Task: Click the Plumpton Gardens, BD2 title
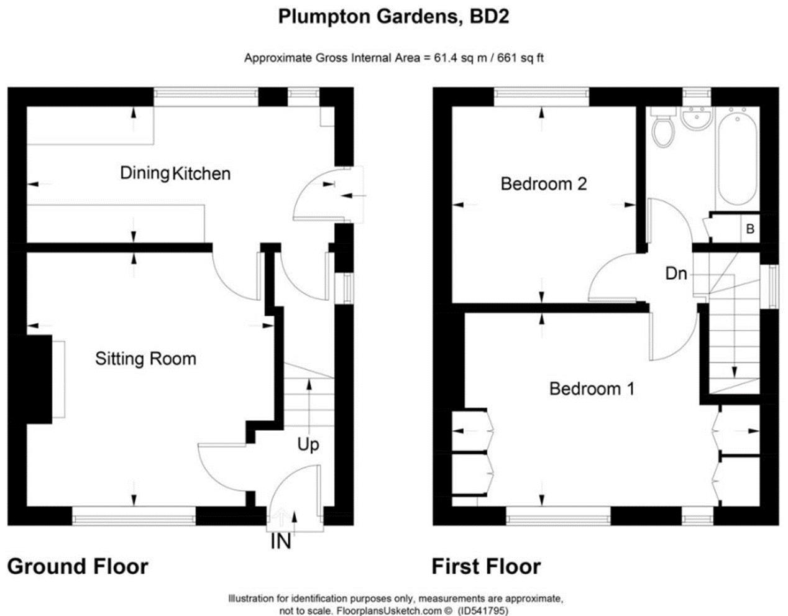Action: (x=393, y=17)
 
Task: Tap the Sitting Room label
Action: (x=145, y=359)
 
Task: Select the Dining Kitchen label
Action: (x=175, y=173)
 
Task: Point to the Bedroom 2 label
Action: (x=543, y=184)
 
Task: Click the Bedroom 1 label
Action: (x=592, y=389)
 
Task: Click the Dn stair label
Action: (x=676, y=273)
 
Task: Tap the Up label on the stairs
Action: (x=308, y=445)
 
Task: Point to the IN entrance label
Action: (x=280, y=542)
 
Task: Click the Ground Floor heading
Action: (x=78, y=566)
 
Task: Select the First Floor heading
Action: (x=486, y=566)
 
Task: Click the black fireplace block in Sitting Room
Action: (x=39, y=379)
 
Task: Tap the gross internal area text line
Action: (x=394, y=58)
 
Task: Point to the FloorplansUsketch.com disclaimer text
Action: (x=396, y=605)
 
